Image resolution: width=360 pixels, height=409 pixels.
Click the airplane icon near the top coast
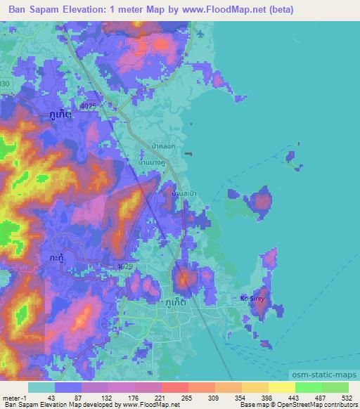[200, 34]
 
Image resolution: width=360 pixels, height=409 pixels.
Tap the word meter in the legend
[11, 398]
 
